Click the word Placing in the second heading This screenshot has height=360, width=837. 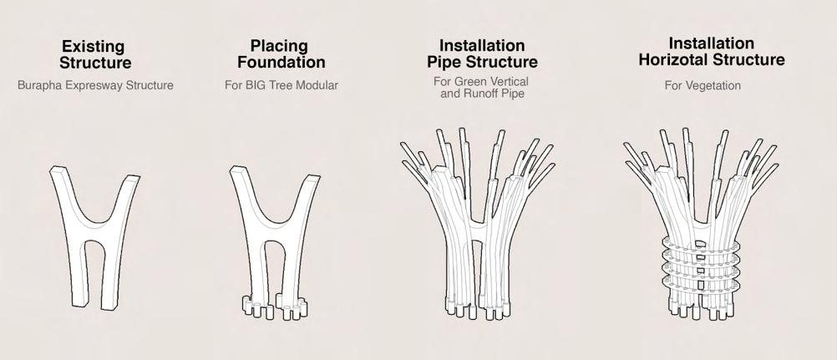tap(279, 47)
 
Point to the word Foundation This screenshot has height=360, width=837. tap(281, 63)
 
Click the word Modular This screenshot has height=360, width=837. tap(317, 85)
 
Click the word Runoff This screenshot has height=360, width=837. tap(486, 92)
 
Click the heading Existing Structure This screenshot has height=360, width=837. tap(94, 54)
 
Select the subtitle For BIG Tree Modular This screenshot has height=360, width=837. tap(281, 85)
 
